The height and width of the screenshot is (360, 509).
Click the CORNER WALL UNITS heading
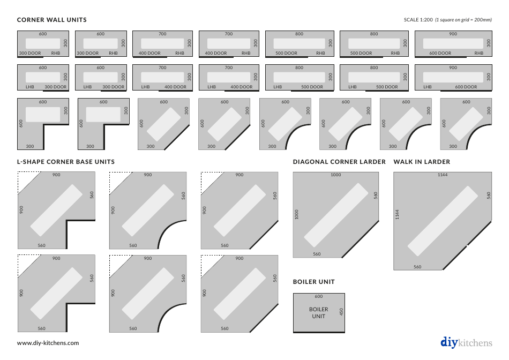click(52, 20)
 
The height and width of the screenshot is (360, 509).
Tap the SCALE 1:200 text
click(418, 20)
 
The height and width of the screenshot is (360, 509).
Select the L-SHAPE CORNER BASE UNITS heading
click(66, 162)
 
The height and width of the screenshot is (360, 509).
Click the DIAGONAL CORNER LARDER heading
click(339, 162)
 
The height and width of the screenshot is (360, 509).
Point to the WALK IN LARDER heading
click(422, 162)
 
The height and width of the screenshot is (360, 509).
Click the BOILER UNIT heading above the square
click(313, 282)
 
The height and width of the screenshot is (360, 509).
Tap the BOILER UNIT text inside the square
click(319, 313)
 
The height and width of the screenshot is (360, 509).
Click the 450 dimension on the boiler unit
click(341, 312)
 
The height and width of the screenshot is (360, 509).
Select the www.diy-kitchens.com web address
click(48, 343)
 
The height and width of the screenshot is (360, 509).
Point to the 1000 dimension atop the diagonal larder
click(335, 175)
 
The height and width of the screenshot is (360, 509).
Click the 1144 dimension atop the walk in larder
click(443, 175)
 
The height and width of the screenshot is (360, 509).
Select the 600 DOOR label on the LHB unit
click(466, 87)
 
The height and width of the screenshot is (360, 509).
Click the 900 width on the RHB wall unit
click(453, 34)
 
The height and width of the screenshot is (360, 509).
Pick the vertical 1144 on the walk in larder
click(397, 214)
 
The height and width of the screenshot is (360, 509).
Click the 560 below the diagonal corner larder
click(317, 254)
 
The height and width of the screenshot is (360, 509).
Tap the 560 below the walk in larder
click(417, 267)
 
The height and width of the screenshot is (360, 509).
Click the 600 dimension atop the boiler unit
click(319, 296)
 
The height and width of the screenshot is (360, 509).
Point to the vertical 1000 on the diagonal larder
click(296, 214)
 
